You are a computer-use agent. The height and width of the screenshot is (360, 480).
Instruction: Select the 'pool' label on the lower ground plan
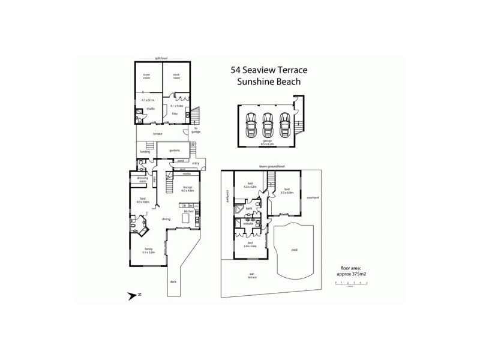(x=294, y=250)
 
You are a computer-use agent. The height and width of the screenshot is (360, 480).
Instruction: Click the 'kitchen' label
(x=188, y=212)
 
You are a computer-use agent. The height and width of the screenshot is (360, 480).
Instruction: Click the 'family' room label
(x=145, y=250)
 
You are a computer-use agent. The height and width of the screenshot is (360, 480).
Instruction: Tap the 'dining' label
(x=166, y=220)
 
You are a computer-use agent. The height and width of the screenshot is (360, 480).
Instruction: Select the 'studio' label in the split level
(x=151, y=109)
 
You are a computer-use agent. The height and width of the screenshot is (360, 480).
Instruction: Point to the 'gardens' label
(x=175, y=150)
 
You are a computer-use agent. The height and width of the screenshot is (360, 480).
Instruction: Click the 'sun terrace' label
(x=253, y=277)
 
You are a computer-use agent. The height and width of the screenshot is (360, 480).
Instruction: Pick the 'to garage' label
(x=197, y=130)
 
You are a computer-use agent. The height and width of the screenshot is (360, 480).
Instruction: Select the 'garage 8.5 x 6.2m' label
(x=267, y=142)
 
